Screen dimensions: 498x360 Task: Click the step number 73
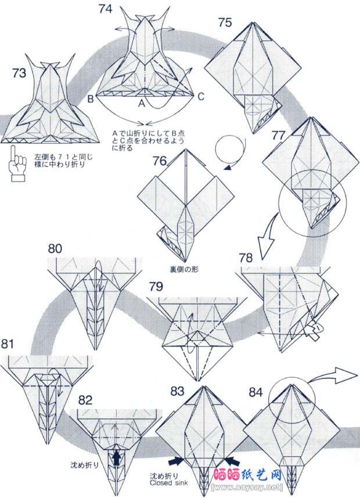click(19, 73)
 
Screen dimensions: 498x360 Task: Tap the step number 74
click(106, 9)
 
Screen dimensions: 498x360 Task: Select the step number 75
click(225, 23)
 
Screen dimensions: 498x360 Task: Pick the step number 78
click(246, 257)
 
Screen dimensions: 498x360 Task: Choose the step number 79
click(156, 287)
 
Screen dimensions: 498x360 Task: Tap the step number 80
click(55, 248)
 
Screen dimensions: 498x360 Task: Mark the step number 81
click(8, 344)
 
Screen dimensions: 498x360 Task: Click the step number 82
click(85, 399)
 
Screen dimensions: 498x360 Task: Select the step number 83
click(179, 389)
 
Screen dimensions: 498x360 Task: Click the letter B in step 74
click(91, 98)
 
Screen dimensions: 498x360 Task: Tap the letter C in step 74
click(201, 97)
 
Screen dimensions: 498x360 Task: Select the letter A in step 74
click(141, 104)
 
